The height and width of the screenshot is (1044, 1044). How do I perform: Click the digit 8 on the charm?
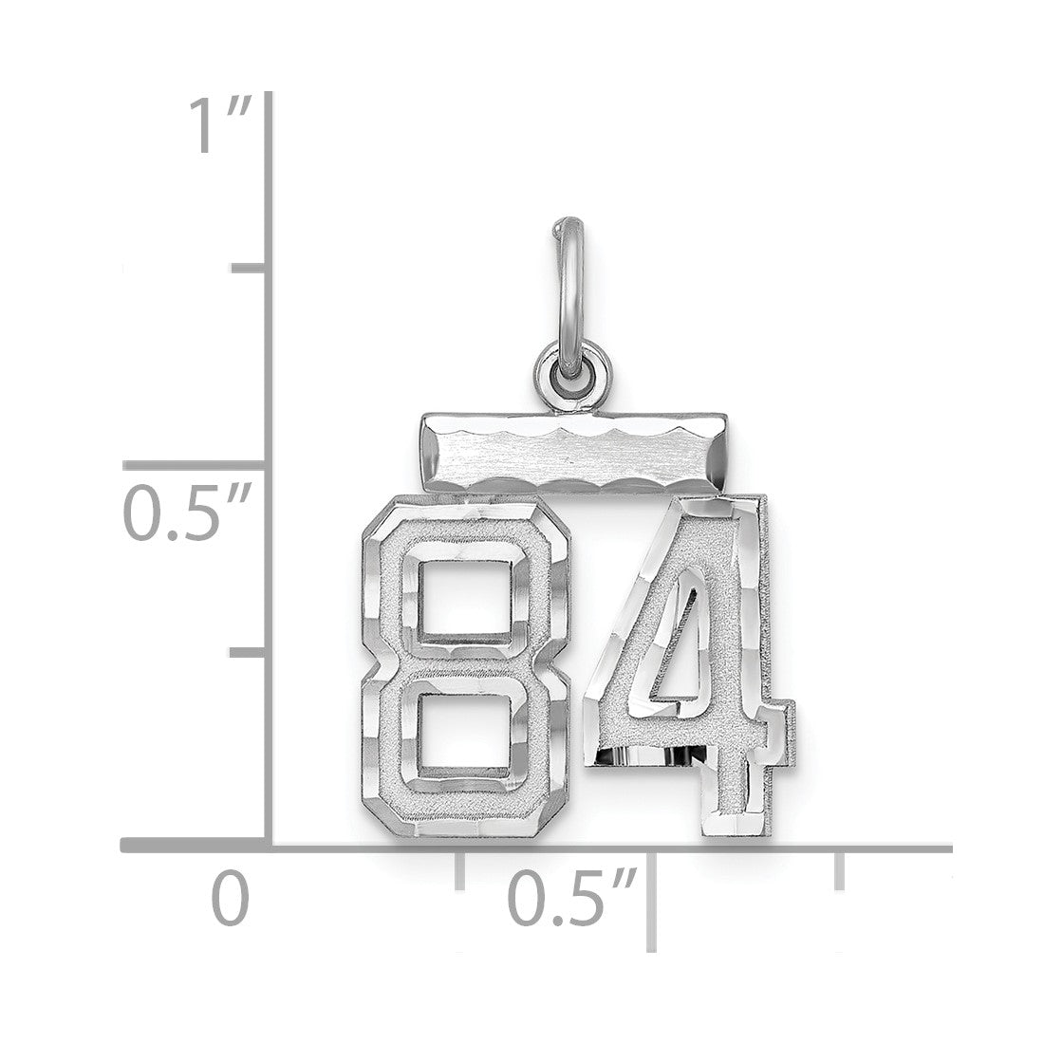465,666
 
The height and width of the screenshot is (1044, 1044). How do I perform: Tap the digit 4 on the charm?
689,666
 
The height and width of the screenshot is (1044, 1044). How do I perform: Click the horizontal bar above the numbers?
573,452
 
